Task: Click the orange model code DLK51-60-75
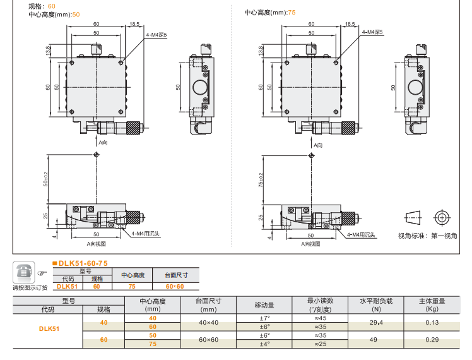(83, 263)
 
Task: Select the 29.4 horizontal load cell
(376, 322)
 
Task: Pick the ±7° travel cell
(264, 318)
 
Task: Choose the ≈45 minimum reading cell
(320, 318)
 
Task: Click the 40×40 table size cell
(208, 322)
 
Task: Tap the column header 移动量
(264, 305)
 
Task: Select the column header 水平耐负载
(376, 301)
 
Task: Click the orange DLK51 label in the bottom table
(49, 328)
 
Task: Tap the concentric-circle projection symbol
(441, 217)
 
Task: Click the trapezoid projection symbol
(412, 217)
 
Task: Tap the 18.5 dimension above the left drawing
(134, 24)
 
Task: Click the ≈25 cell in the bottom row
(320, 344)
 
